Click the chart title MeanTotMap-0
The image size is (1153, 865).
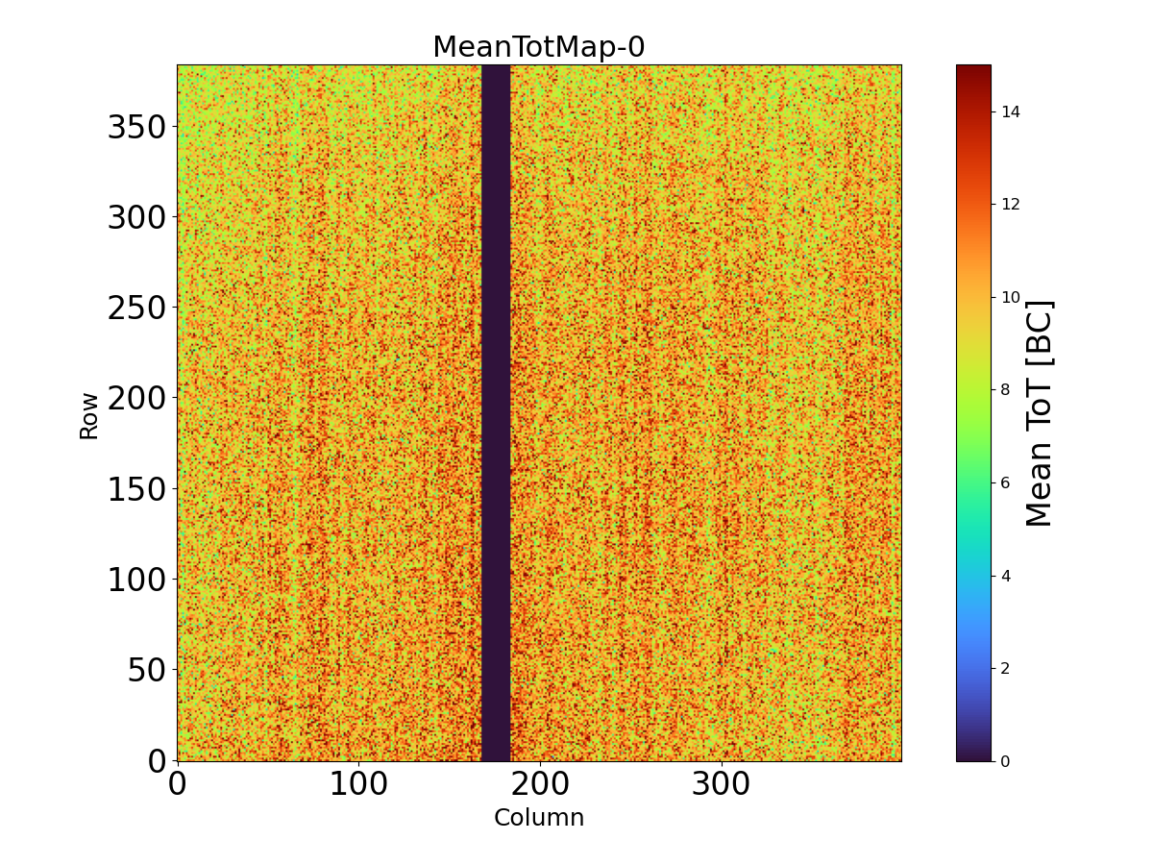[538, 47]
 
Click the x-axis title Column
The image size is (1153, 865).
[538, 818]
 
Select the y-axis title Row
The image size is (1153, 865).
[88, 415]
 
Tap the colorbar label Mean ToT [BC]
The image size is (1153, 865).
[1040, 413]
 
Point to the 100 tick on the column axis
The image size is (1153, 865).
[359, 784]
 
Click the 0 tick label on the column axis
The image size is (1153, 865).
[178, 784]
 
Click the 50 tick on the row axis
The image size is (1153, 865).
[147, 669]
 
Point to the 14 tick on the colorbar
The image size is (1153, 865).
[1009, 111]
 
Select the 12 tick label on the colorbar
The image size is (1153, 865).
[1009, 204]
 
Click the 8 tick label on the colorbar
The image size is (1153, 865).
[1005, 389]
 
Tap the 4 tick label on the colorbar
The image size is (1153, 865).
[1005, 575]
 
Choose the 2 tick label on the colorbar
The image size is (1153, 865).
[1005, 668]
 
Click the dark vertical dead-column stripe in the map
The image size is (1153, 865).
[496, 413]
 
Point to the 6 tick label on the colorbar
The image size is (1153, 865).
[1005, 482]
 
